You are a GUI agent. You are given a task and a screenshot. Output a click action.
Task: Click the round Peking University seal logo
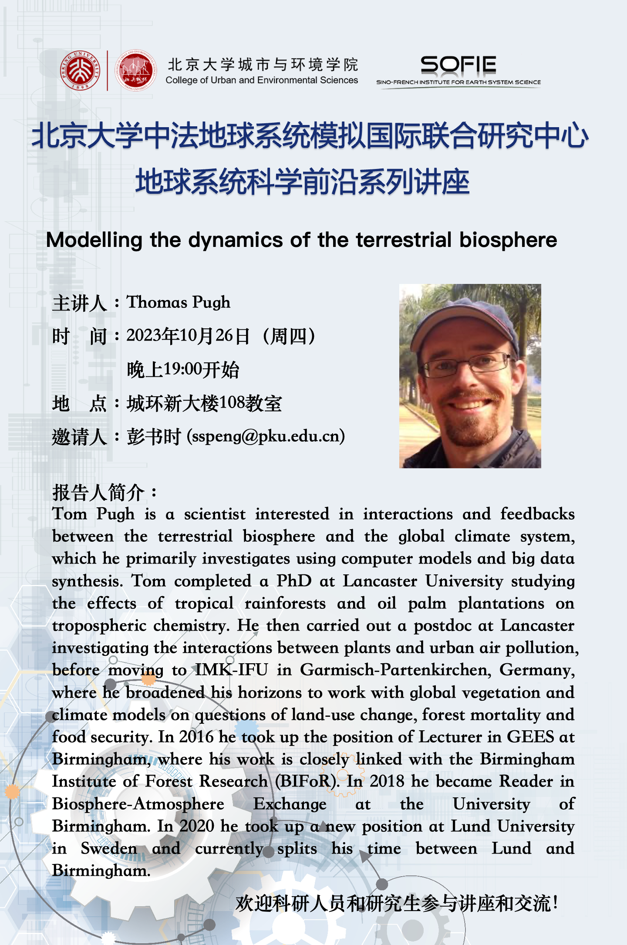click(80, 70)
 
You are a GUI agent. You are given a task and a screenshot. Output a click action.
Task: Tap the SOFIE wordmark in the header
click(458, 65)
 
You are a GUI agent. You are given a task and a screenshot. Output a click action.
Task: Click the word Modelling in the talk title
click(94, 240)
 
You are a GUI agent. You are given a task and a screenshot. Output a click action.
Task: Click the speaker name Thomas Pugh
click(178, 302)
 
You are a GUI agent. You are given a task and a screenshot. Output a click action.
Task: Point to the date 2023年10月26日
click(188, 336)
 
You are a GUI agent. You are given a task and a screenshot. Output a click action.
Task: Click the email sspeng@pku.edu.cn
click(266, 436)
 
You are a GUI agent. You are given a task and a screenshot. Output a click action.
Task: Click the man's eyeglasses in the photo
click(468, 364)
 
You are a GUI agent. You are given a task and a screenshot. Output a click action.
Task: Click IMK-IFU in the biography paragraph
click(231, 670)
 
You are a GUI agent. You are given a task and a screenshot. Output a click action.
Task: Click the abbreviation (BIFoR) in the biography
click(307, 781)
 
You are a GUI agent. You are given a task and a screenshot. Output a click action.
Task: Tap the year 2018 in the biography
click(387, 781)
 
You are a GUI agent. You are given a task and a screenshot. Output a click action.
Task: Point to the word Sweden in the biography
click(109, 848)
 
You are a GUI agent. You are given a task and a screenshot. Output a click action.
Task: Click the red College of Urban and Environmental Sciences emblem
click(136, 70)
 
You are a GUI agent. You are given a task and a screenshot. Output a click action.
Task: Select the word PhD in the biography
click(294, 581)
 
